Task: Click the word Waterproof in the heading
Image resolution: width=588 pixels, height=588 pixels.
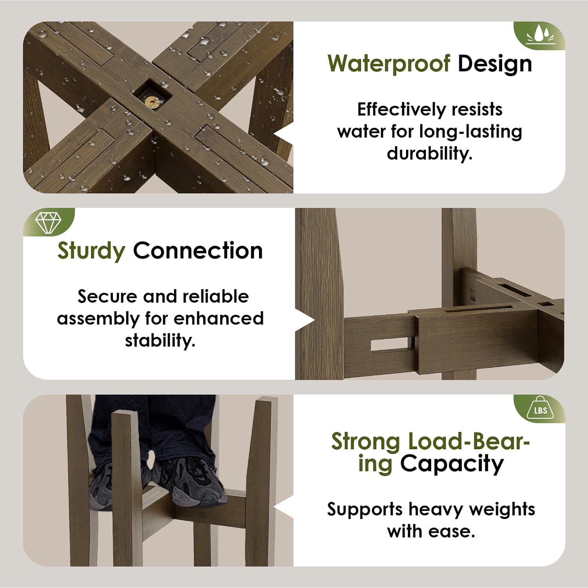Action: click(x=389, y=64)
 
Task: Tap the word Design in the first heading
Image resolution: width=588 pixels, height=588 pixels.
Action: click(x=495, y=64)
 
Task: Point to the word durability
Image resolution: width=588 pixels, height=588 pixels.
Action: click(x=430, y=153)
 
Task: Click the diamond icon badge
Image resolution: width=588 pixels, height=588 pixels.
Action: click(x=48, y=222)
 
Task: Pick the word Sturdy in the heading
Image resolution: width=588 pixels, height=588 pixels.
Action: click(x=91, y=251)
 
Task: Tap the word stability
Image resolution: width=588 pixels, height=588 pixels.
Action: click(x=160, y=340)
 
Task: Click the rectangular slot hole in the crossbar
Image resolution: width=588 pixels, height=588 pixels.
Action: click(x=390, y=345)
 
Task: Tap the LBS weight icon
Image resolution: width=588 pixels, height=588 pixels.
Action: click(x=540, y=408)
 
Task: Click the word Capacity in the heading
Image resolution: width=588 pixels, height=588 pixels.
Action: click(x=452, y=464)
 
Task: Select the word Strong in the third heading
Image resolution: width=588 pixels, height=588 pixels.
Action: click(x=365, y=442)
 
